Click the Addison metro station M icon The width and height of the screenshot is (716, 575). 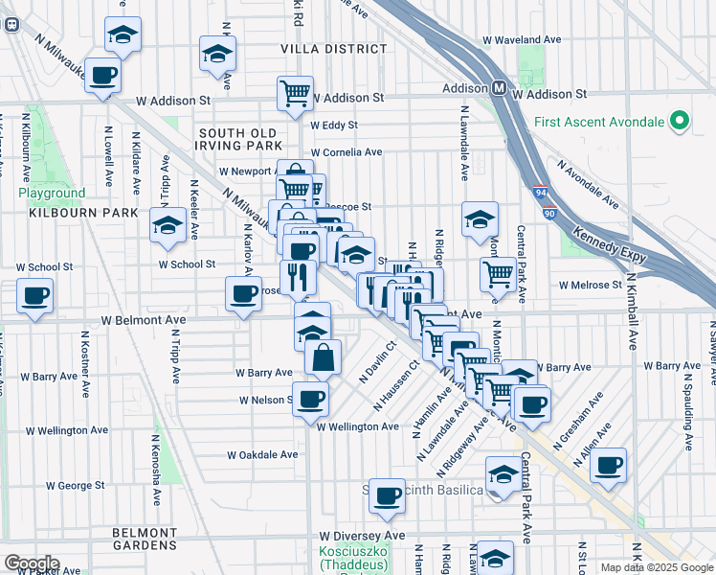coord(499,88)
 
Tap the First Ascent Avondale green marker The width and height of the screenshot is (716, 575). coord(680,121)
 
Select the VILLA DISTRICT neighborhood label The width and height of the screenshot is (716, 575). coord(321,48)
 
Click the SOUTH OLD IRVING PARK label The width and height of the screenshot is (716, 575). coord(237,139)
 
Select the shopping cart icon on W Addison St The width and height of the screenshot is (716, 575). coord(295,93)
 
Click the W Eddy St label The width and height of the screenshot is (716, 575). coord(334,126)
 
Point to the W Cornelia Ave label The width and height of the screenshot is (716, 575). coord(346,151)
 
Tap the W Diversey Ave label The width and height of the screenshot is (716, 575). coord(363,536)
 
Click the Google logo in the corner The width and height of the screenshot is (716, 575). coord(32,563)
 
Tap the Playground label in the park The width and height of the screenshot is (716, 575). coord(52,193)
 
